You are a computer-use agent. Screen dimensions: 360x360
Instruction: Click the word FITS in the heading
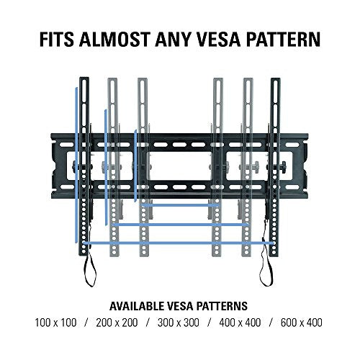tap(57, 39)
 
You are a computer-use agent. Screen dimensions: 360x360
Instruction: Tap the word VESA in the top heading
tap(219, 39)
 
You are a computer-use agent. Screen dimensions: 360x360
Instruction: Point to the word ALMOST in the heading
tap(114, 39)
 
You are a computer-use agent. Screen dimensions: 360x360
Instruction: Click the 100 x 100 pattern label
tap(55, 323)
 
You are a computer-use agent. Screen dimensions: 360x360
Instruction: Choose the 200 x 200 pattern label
tap(117, 323)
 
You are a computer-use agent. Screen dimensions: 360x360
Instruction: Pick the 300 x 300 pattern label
tap(179, 323)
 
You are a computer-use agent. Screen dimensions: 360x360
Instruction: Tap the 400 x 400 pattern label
tap(240, 323)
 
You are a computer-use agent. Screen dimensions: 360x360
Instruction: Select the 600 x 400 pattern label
tap(302, 323)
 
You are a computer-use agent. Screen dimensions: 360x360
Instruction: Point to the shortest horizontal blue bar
tap(180, 205)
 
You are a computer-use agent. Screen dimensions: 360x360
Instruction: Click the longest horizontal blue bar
tap(179, 243)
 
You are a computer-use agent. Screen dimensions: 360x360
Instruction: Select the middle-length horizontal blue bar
tap(180, 225)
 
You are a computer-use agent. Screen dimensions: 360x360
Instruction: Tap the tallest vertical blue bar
tap(76, 165)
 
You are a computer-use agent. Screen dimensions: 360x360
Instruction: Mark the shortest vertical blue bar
tap(135, 166)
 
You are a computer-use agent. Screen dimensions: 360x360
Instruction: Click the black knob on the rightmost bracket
tap(284, 166)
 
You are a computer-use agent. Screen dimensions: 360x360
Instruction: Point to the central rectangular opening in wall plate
tap(180, 166)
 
